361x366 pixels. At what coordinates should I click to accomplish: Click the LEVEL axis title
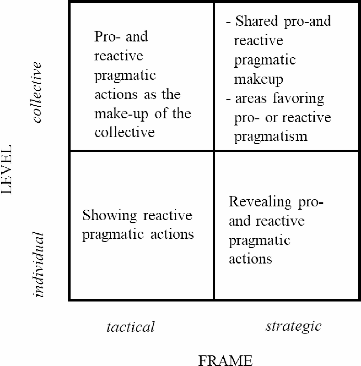tap(6, 169)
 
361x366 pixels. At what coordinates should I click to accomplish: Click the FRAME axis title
tap(225, 360)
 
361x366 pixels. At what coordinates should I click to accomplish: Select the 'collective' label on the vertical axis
tap(37, 92)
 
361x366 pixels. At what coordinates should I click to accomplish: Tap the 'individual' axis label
tap(38, 264)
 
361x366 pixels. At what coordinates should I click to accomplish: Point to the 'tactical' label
tap(131, 327)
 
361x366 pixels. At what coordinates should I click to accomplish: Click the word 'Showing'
tap(110, 215)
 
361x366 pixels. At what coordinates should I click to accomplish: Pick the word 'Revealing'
tap(260, 202)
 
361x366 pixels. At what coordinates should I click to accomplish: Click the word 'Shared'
tap(257, 21)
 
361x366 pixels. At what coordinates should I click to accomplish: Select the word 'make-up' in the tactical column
tap(121, 114)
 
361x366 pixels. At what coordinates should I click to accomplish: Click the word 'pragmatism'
tap(271, 136)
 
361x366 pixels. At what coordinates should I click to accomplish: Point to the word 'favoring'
tap(298, 98)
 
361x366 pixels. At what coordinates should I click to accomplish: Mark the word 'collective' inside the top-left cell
tap(125, 133)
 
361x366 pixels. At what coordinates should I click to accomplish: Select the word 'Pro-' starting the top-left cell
tap(107, 36)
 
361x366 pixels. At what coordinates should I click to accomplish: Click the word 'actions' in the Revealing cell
tap(250, 259)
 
